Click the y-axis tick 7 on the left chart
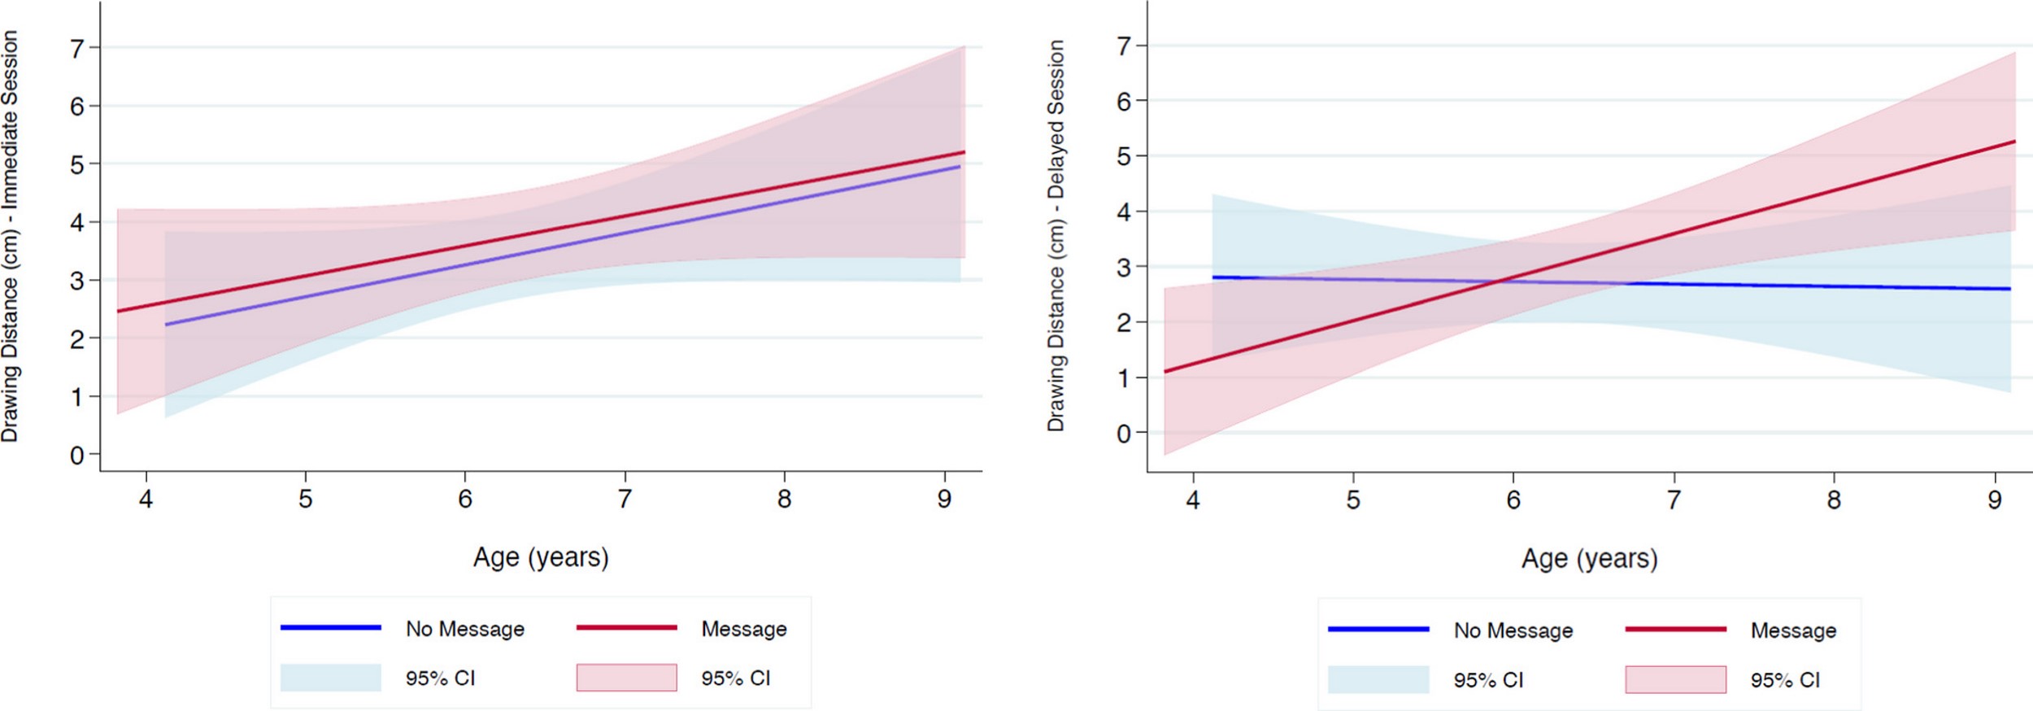tap(77, 48)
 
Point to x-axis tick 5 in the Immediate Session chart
tap(306, 499)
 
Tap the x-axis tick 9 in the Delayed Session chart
tap(1994, 499)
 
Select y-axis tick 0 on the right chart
tap(1124, 434)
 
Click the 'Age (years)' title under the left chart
tap(541, 557)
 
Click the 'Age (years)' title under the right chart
tap(1589, 559)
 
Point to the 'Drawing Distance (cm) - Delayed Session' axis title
tap(1056, 236)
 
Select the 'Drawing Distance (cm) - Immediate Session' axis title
tap(10, 236)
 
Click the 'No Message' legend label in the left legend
tap(465, 629)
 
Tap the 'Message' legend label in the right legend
tap(1793, 630)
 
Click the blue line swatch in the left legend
tap(331, 627)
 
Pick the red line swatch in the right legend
tap(1675, 629)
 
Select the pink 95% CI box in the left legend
tap(626, 678)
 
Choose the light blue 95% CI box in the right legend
tap(1378, 679)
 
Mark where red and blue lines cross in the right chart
tap(1499, 281)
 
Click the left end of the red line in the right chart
tap(1165, 372)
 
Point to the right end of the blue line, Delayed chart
tap(2010, 289)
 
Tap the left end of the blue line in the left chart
tap(166, 325)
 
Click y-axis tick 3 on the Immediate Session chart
tap(77, 281)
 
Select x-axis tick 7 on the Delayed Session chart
tap(1674, 499)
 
